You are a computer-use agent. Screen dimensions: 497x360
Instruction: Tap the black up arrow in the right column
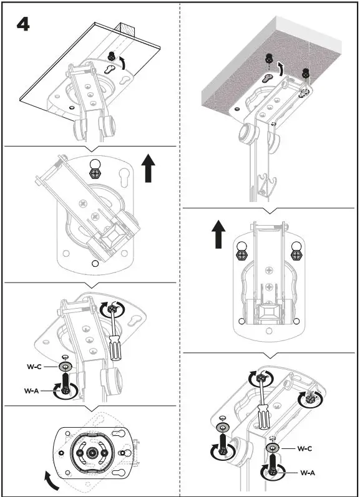point(218,237)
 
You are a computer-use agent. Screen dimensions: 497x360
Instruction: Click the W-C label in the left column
point(34,367)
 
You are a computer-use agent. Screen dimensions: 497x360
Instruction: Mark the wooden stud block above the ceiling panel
point(126,28)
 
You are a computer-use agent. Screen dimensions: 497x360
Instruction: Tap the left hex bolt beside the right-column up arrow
point(241,253)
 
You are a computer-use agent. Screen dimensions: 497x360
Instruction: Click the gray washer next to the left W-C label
point(65,367)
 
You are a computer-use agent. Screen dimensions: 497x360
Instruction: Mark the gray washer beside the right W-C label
point(273,448)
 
